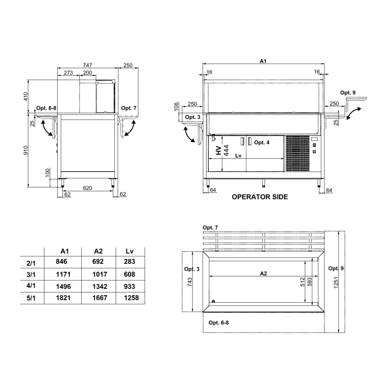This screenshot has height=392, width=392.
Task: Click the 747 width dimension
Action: click(x=87, y=65)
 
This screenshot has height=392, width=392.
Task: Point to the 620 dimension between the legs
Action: click(x=87, y=188)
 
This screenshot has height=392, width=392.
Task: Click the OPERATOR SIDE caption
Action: click(x=260, y=197)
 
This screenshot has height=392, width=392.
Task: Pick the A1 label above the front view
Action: click(x=263, y=61)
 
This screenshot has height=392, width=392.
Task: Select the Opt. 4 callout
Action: click(x=261, y=143)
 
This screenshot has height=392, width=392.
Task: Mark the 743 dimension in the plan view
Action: click(x=189, y=281)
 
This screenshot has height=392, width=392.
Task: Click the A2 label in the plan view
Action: click(x=263, y=274)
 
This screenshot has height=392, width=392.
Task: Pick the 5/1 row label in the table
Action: click(x=31, y=299)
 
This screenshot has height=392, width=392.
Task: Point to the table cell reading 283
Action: click(x=129, y=262)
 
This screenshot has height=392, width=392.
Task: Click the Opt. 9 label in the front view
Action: click(x=348, y=93)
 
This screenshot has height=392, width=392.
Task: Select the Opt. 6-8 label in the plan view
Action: click(x=218, y=323)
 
